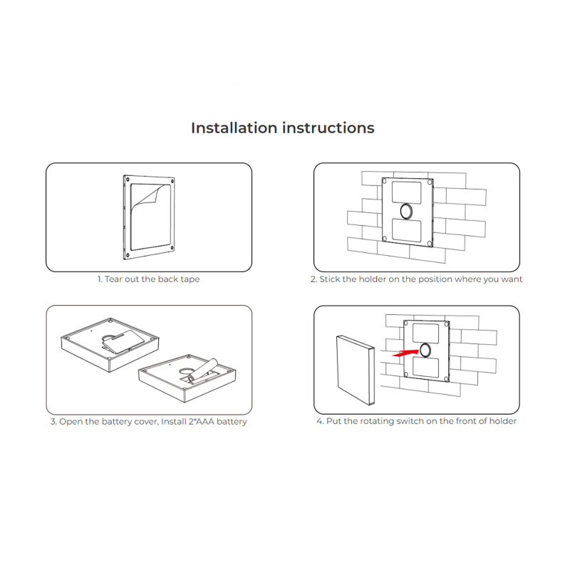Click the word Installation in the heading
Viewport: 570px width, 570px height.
click(x=234, y=128)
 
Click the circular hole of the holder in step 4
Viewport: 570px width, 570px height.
click(x=425, y=349)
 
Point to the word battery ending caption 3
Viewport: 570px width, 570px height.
click(x=232, y=422)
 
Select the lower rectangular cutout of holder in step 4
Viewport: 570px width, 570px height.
click(x=425, y=366)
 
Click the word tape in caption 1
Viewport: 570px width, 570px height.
click(x=190, y=279)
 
